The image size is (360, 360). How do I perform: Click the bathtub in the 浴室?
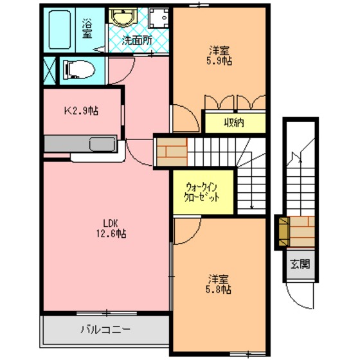pos(60,30)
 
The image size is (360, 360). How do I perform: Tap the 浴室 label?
pos(87,28)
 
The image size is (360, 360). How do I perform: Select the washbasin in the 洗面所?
pos(122,17)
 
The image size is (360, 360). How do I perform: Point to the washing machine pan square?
pos(159,18)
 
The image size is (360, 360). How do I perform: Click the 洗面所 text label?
pos(137,41)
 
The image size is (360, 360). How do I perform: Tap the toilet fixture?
pos(79,70)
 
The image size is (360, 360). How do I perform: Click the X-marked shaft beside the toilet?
pos(50,71)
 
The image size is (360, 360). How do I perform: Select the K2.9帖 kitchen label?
pos(81,111)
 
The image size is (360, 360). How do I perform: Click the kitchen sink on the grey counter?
pos(102,144)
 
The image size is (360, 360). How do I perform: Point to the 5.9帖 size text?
pos(219,61)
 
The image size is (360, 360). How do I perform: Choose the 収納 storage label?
pos(234,123)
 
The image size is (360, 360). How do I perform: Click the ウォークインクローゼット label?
pos(202,192)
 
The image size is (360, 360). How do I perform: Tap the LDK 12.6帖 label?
pos(111,228)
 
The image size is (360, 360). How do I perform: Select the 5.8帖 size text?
pos(219,290)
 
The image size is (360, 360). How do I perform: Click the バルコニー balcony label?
pos(105,329)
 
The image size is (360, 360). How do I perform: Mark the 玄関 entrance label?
pos(300,264)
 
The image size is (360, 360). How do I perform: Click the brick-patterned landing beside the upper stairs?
pos(172,152)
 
